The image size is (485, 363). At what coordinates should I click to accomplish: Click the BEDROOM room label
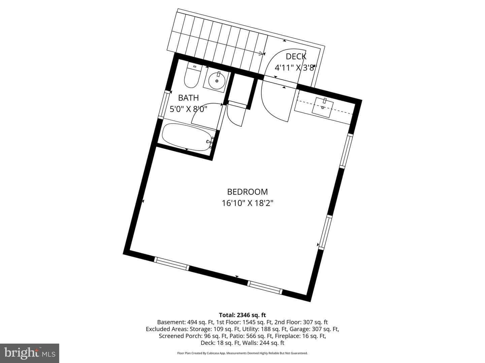247,192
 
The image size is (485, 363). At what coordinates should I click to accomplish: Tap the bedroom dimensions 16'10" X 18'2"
248,203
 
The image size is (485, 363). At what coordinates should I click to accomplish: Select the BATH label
189,97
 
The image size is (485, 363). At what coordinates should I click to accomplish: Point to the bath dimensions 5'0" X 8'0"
189,109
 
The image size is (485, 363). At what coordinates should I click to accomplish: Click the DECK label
296,57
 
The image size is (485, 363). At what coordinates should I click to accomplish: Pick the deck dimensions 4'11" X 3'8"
295,68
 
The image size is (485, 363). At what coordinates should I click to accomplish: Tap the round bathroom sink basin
217,81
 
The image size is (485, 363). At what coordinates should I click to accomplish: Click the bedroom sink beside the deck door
323,108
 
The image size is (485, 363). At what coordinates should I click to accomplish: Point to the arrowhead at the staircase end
262,53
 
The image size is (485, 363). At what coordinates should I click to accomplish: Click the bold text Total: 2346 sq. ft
243,315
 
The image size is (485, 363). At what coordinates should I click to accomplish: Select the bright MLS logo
30,353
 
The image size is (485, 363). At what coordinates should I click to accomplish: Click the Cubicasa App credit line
243,353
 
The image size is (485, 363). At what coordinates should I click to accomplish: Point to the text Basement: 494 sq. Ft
186,322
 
